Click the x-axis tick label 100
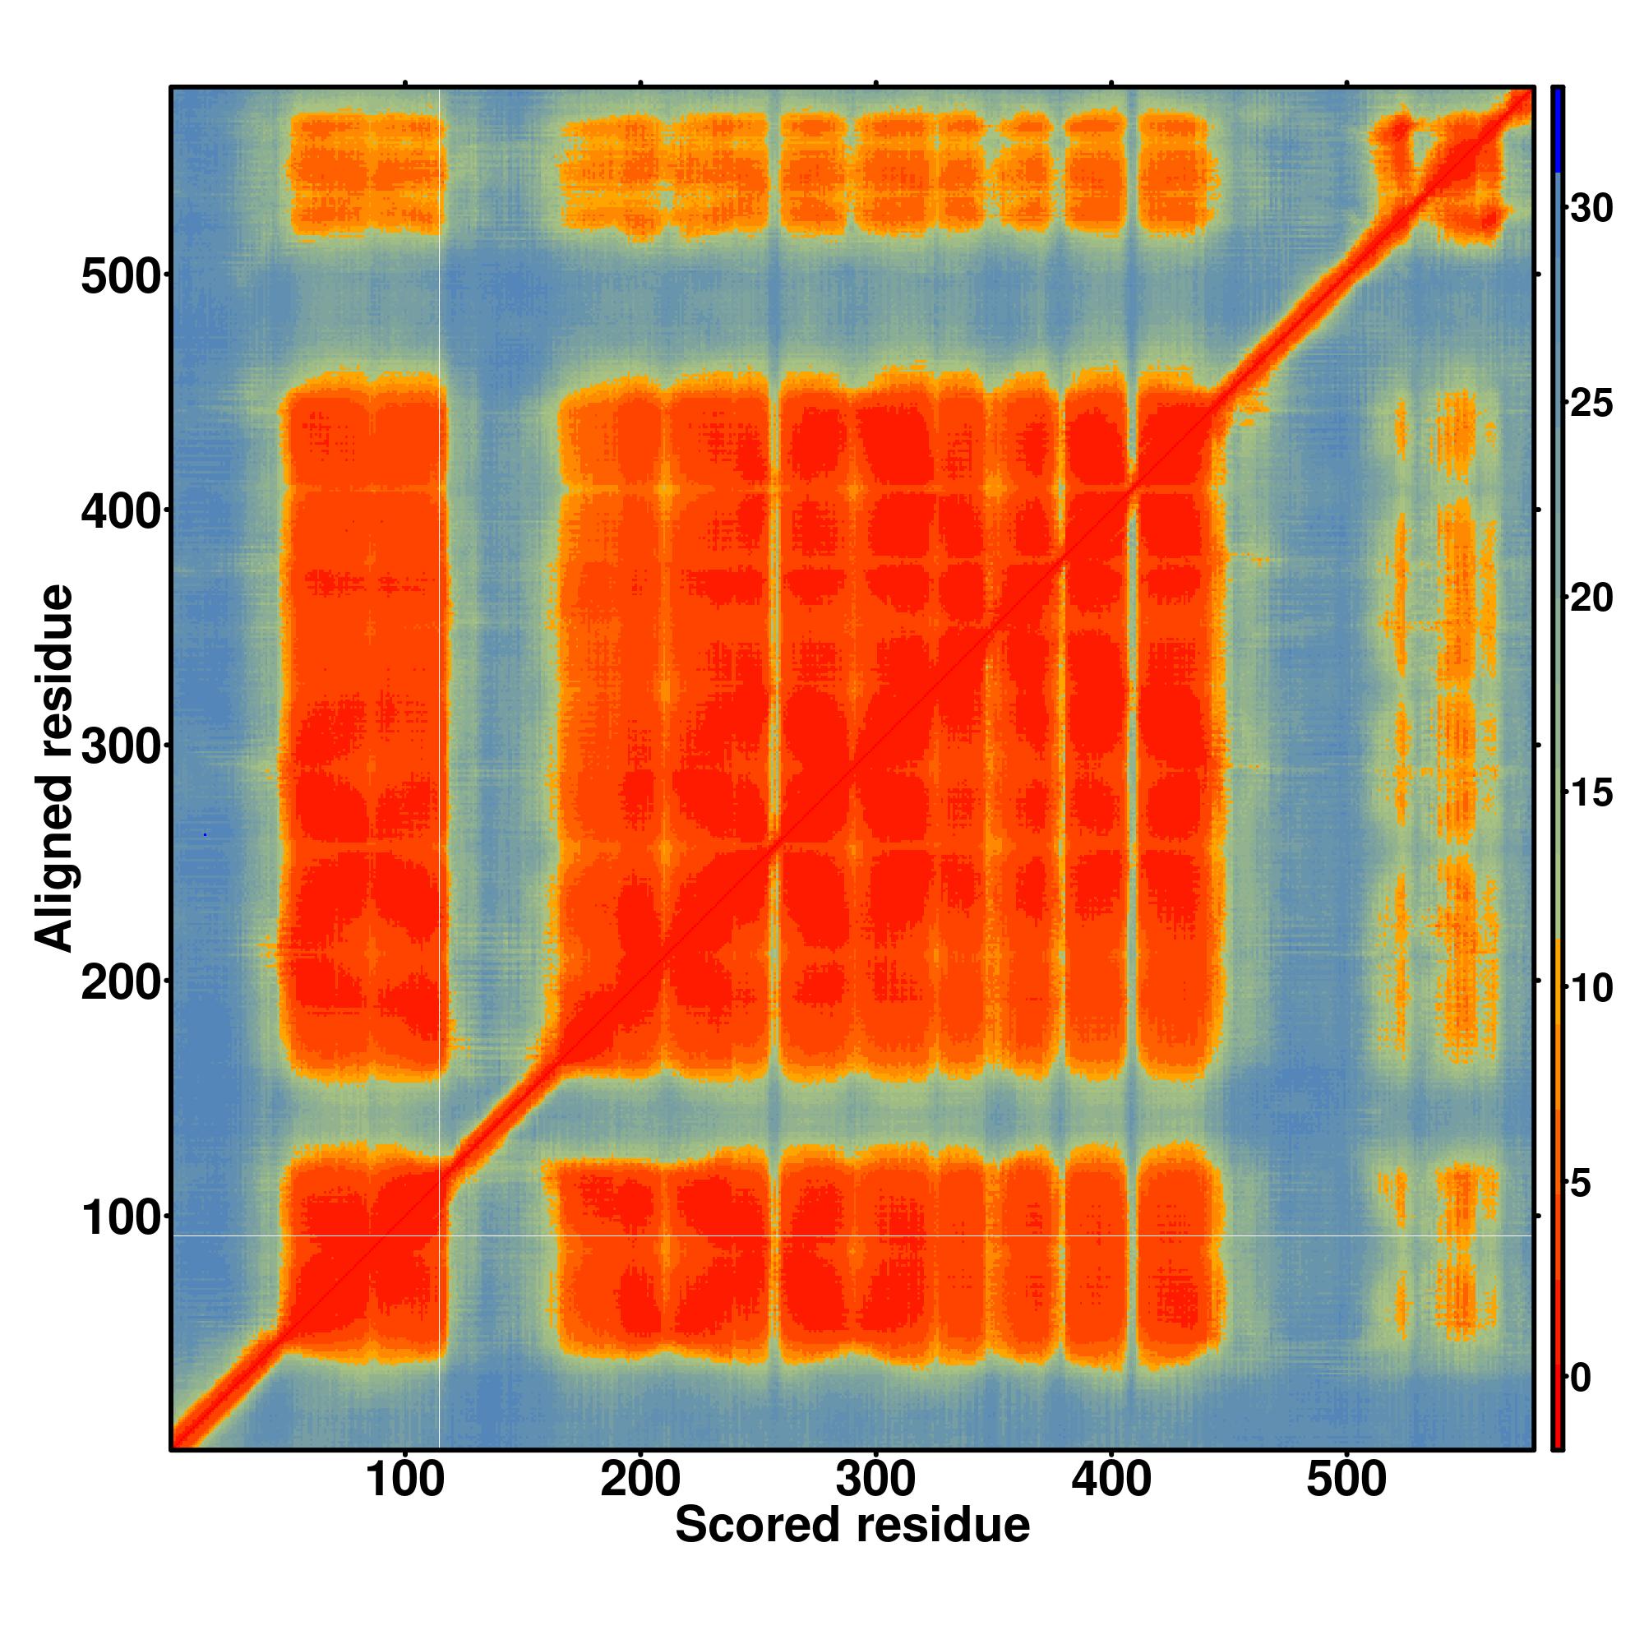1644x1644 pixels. (x=405, y=1481)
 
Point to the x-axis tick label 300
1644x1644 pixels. (x=875, y=1481)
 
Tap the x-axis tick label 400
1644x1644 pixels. (x=1111, y=1481)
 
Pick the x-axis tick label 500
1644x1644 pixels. (x=1346, y=1481)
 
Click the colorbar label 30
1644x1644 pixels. (x=1591, y=209)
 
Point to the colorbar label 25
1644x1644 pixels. (x=1591, y=404)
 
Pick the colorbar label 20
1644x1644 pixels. (x=1591, y=599)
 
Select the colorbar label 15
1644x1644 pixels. (x=1591, y=794)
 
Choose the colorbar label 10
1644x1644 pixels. (x=1591, y=989)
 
